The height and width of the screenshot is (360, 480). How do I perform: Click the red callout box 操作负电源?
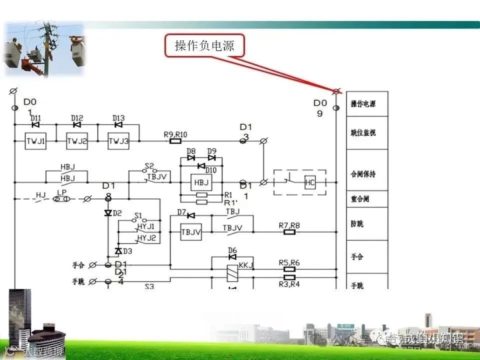tap(204, 46)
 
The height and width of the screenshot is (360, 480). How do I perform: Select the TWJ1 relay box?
tap(35, 141)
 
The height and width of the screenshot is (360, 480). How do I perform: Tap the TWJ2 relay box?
tap(77, 141)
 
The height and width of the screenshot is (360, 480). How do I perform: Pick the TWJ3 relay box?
tap(118, 141)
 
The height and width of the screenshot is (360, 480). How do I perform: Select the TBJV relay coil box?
tap(190, 231)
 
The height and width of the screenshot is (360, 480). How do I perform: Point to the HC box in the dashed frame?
tap(310, 183)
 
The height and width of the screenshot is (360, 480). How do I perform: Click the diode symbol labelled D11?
tap(35, 124)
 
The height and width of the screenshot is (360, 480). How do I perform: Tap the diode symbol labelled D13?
tap(118, 124)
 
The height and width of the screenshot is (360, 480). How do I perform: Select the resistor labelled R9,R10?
tap(175, 141)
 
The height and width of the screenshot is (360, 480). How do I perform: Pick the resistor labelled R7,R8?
tap(289, 232)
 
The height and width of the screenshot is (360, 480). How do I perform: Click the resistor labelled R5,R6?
tap(289, 268)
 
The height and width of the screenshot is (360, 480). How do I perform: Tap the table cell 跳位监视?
tap(366, 133)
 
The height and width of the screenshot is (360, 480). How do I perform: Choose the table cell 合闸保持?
tap(366, 174)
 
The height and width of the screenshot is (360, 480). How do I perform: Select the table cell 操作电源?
tap(366, 104)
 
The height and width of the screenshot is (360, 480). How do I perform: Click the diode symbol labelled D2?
tap(107, 213)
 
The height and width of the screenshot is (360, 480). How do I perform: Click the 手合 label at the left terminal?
tap(79, 264)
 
